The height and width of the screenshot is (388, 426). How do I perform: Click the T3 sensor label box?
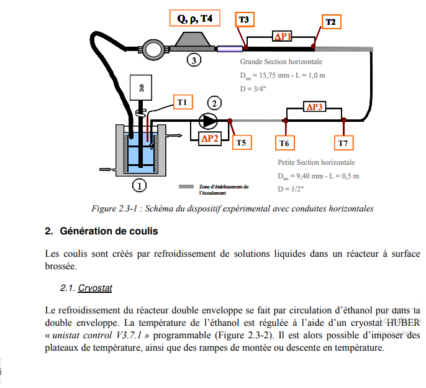pyautogui.click(x=244, y=21)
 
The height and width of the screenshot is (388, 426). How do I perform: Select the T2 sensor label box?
pyautogui.click(x=330, y=22)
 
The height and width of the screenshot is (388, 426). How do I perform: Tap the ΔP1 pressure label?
pyautogui.click(x=283, y=37)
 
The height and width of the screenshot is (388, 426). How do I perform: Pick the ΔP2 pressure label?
pyautogui.click(x=209, y=138)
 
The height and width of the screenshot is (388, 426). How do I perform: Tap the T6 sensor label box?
pyautogui.click(x=284, y=144)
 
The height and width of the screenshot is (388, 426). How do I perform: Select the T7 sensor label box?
pyautogui.click(x=343, y=144)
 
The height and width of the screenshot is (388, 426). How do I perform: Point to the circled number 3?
pyautogui.click(x=194, y=60)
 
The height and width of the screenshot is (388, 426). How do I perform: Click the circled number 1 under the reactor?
pyautogui.click(x=140, y=185)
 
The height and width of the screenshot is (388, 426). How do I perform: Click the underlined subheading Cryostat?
pyautogui.click(x=95, y=288)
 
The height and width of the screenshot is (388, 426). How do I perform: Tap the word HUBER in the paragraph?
pyautogui.click(x=402, y=322)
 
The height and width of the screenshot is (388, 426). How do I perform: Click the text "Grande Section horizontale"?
pyautogui.click(x=281, y=62)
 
